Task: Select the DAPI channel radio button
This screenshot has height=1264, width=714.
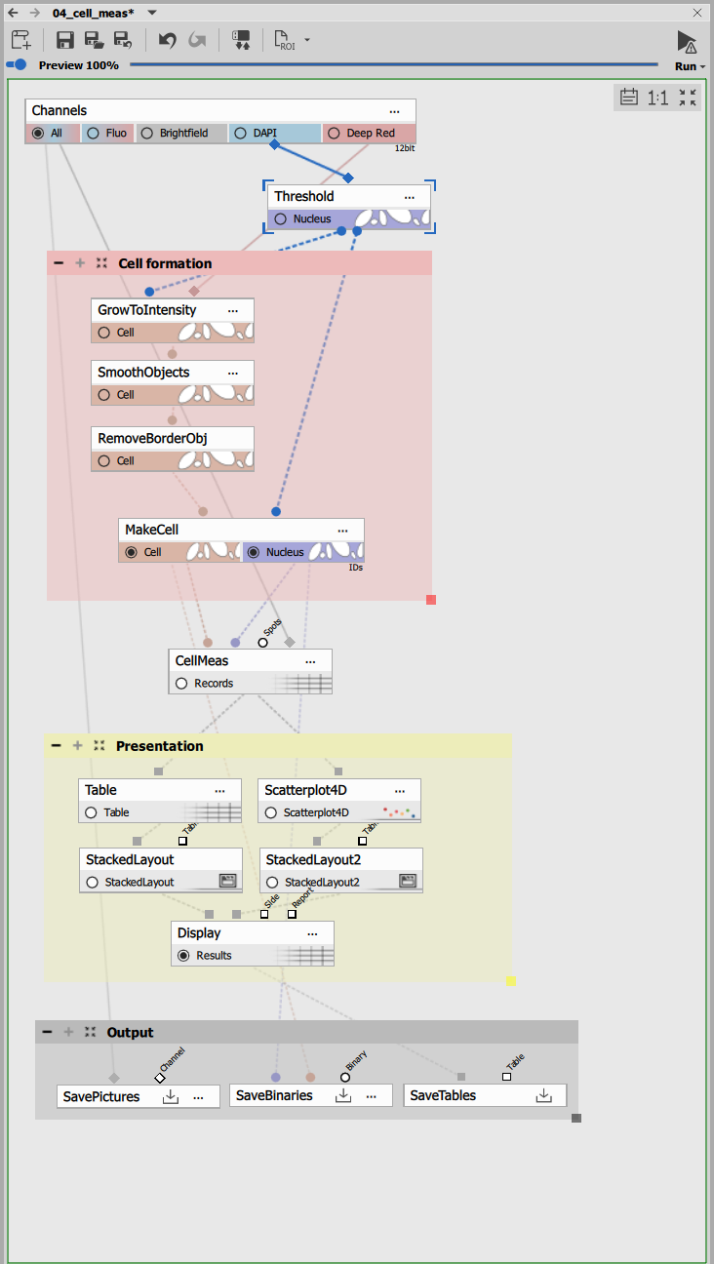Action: tap(240, 134)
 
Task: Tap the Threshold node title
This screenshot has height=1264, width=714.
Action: tap(303, 196)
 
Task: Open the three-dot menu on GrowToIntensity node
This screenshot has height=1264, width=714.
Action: tap(233, 310)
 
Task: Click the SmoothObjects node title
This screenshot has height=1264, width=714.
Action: tap(143, 373)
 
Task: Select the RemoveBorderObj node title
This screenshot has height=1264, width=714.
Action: tap(152, 438)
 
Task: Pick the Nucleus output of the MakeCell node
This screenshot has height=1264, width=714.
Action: tap(254, 552)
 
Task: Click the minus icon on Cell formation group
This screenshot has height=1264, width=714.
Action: tap(59, 263)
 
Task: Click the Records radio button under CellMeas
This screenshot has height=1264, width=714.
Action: tap(181, 684)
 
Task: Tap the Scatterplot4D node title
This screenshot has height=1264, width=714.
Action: tap(305, 790)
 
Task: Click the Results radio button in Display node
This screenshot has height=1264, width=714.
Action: tap(183, 956)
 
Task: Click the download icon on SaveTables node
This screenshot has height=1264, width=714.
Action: tap(544, 1096)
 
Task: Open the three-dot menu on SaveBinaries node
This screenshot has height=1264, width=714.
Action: tap(372, 1096)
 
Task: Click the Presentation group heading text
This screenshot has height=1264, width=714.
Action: tap(159, 746)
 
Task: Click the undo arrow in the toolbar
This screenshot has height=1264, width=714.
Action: tap(167, 40)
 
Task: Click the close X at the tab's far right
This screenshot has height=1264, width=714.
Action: tap(696, 13)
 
